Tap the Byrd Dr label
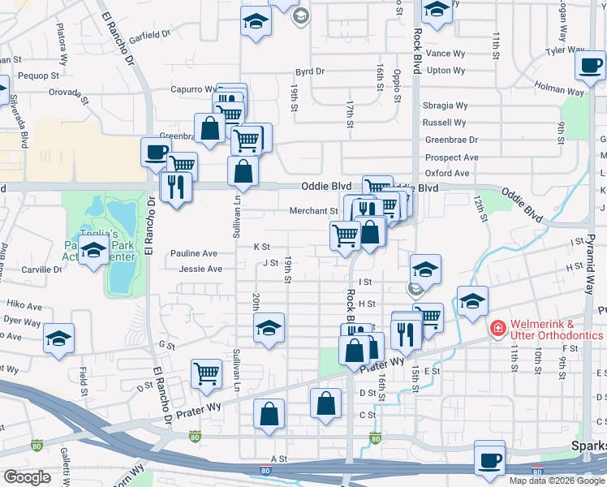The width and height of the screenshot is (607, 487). click(x=310, y=71)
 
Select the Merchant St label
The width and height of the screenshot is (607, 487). click(x=313, y=211)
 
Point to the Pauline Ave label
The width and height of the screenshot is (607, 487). click(x=194, y=253)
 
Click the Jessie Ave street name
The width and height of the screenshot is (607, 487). click(x=200, y=269)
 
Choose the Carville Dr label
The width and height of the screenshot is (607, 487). click(x=42, y=269)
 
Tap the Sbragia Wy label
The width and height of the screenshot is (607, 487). click(x=446, y=106)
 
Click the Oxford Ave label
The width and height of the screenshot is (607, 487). click(x=448, y=173)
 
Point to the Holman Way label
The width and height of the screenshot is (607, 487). click(x=559, y=89)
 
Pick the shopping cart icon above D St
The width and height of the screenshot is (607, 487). click(x=206, y=373)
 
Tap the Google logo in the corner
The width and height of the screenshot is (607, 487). click(x=28, y=477)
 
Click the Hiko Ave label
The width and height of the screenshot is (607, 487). click(x=24, y=306)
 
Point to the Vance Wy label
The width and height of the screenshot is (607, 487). click(x=446, y=54)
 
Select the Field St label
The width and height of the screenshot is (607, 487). click(x=84, y=375)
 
